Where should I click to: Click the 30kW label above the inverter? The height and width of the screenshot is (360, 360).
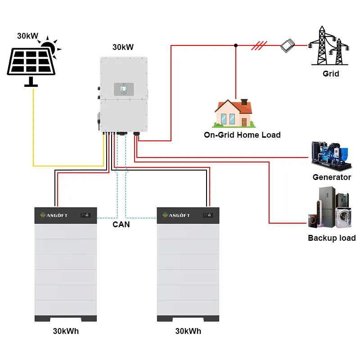pyautogui.click(x=123, y=47)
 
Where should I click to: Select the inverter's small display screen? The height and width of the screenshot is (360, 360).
pyautogui.click(x=122, y=89)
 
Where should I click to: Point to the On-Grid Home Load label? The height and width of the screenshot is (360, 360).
pyautogui.click(x=242, y=135)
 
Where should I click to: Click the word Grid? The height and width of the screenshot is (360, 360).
pyautogui.click(x=331, y=73)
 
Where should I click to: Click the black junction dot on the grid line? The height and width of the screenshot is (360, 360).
pyautogui.click(x=235, y=45)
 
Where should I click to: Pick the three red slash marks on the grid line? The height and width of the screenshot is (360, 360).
pyautogui.click(x=260, y=45)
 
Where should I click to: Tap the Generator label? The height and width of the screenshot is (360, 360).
pyautogui.click(x=332, y=177)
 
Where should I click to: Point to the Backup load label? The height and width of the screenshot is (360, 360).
pyautogui.click(x=332, y=238)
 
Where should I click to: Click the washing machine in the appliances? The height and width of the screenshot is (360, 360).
pyautogui.click(x=343, y=217)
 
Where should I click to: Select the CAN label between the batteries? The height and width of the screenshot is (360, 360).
pyautogui.click(x=121, y=224)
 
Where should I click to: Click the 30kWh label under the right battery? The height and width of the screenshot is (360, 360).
pyautogui.click(x=188, y=331)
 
